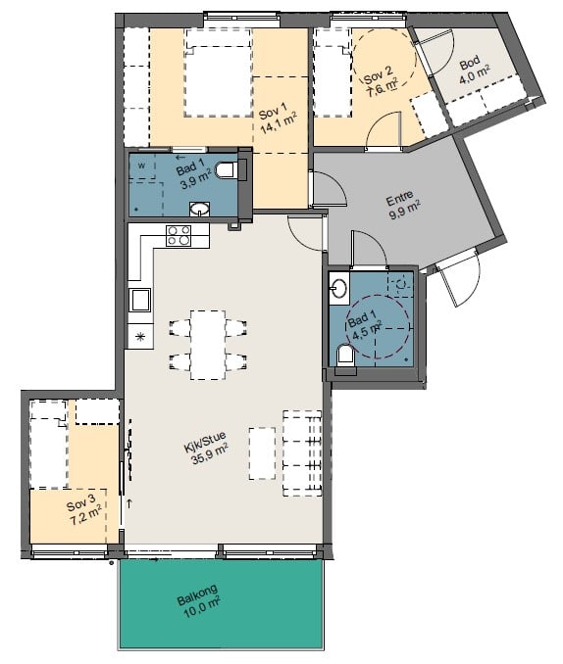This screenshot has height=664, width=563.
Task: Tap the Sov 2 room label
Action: pyautogui.click(x=378, y=74)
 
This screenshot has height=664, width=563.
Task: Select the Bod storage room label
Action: pyautogui.click(x=470, y=63)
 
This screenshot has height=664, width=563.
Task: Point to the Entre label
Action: pyautogui.click(x=399, y=198)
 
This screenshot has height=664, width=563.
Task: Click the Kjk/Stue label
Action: pyautogui.click(x=205, y=442)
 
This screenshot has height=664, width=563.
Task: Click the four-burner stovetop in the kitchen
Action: pyautogui.click(x=179, y=235)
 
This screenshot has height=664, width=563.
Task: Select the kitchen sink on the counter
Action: pyautogui.click(x=139, y=300)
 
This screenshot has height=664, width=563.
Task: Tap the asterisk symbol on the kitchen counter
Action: pyautogui.click(x=139, y=337)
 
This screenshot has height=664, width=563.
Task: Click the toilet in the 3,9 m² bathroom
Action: pyautogui.click(x=227, y=169)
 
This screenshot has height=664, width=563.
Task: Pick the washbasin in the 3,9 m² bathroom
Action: pyautogui.click(x=199, y=209)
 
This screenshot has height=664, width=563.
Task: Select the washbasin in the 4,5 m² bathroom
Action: pyautogui.click(x=339, y=288)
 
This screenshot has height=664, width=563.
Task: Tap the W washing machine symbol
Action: pyautogui.click(x=141, y=166)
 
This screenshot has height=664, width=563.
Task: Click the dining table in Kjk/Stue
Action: pyautogui.click(x=208, y=345)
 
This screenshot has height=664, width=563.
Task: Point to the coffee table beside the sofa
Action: pyautogui.click(x=262, y=453)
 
